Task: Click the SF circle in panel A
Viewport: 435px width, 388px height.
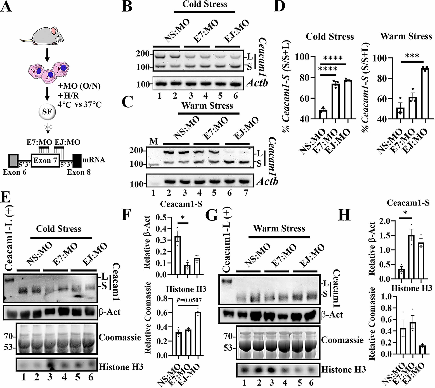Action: (47, 112)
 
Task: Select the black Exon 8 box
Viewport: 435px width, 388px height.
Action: (77, 160)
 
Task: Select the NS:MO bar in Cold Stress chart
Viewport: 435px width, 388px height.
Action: (323, 115)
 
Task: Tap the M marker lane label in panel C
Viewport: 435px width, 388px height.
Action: (153, 142)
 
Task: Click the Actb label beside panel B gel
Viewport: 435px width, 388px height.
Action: (257, 83)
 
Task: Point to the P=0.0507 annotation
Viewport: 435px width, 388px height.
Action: (189, 301)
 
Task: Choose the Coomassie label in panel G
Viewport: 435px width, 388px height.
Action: (342, 340)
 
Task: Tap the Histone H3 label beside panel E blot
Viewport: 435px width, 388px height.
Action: (121, 366)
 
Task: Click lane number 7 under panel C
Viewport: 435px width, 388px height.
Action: (246, 193)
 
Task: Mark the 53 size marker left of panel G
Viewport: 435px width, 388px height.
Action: (228, 348)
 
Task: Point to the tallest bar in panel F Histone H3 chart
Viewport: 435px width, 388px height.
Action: (198, 334)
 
